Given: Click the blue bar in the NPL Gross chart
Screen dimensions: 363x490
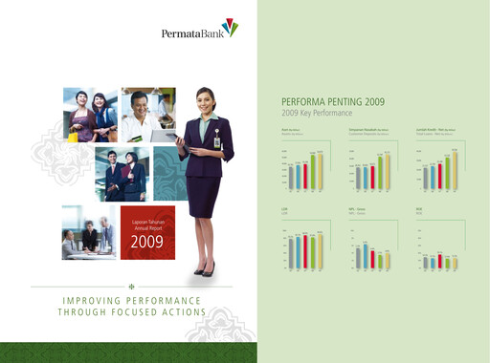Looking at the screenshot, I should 365,256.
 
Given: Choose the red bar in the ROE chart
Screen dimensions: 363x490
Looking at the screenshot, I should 440,261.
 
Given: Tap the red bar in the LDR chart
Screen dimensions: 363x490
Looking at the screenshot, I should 304,252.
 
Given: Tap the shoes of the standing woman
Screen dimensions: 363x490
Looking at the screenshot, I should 204,271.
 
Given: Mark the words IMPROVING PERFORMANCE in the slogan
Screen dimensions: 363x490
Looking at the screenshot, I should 130,302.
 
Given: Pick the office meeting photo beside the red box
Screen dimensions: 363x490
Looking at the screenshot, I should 87,232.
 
